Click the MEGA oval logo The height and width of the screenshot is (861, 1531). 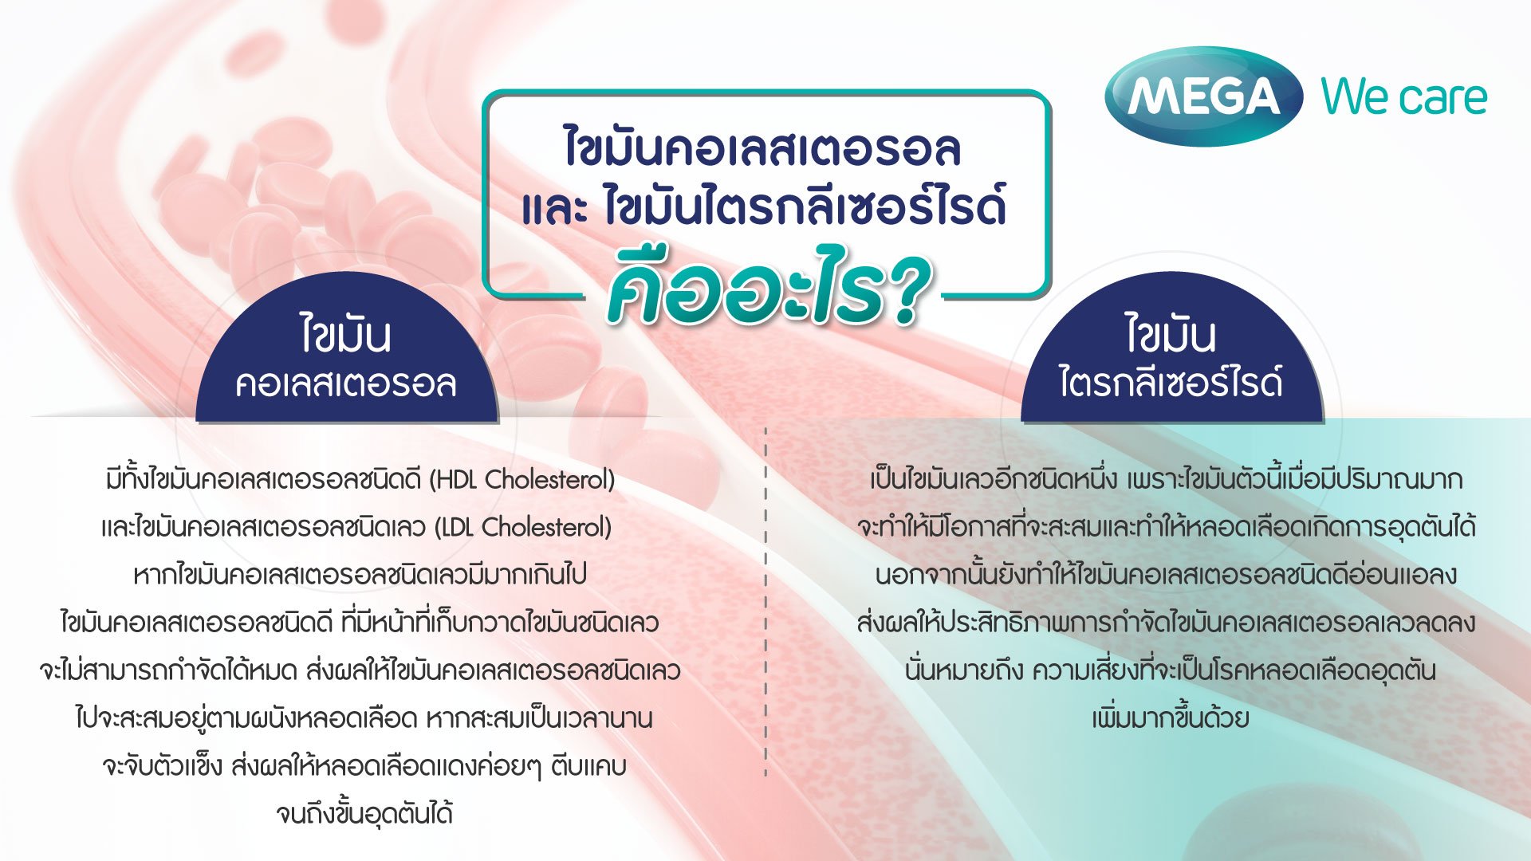tap(1203, 96)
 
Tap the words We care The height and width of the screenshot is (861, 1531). tap(1404, 97)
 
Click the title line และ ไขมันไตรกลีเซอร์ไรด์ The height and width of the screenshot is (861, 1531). tap(764, 205)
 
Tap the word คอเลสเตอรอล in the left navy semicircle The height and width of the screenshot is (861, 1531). tap(346, 383)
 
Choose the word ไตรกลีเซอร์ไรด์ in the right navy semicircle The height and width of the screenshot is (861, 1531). tap(1171, 381)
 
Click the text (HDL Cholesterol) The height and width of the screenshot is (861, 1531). tap(522, 479)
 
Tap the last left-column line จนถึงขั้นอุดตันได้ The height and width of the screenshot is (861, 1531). tap(364, 813)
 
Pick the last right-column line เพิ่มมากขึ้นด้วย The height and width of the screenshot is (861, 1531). tap(1170, 717)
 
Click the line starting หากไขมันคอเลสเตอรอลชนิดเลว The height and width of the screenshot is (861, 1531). tap(360, 575)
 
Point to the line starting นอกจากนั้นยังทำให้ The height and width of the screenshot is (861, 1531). tap(1166, 575)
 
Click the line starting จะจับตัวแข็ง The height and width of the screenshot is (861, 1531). tap(364, 766)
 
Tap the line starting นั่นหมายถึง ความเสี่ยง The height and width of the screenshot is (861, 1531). tap(1170, 670)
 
